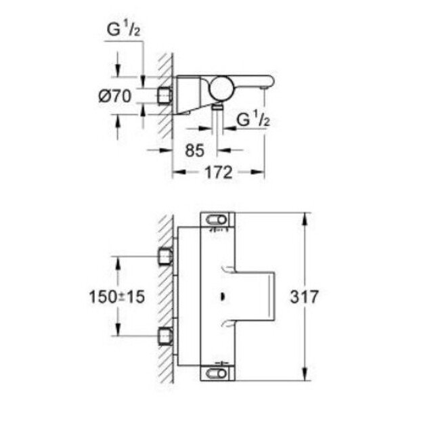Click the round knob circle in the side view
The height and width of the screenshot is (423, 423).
click(222, 87)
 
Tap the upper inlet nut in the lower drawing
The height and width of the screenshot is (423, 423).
click(164, 256)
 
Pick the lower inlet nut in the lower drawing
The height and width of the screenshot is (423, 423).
click(164, 334)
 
